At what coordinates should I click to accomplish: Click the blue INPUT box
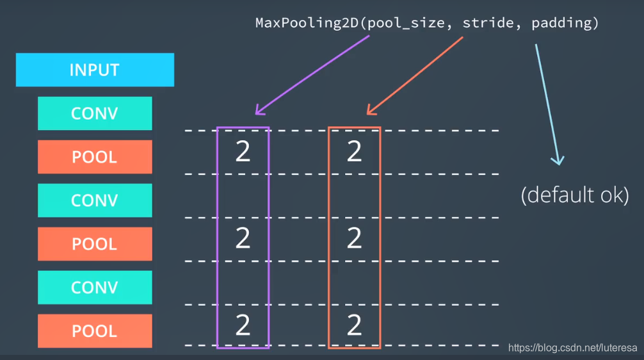pos(95,70)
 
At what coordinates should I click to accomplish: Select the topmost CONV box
pos(95,113)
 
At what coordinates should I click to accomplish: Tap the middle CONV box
pos(95,200)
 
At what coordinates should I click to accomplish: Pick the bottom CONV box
pos(95,288)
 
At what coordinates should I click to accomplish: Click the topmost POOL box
pos(95,157)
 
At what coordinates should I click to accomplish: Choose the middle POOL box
pos(95,244)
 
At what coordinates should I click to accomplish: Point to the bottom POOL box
pos(95,331)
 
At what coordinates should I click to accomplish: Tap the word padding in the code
pos(561,23)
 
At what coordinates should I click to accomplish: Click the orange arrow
pos(414,76)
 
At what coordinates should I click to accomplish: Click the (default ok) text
pos(574,195)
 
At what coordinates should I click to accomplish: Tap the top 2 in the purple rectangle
pos(243,152)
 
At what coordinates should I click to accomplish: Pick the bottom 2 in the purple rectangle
pos(243,326)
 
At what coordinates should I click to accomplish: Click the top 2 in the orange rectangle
pos(354,152)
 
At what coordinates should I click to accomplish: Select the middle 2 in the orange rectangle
pos(354,239)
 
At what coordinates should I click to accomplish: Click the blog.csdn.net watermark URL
pos(573,348)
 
